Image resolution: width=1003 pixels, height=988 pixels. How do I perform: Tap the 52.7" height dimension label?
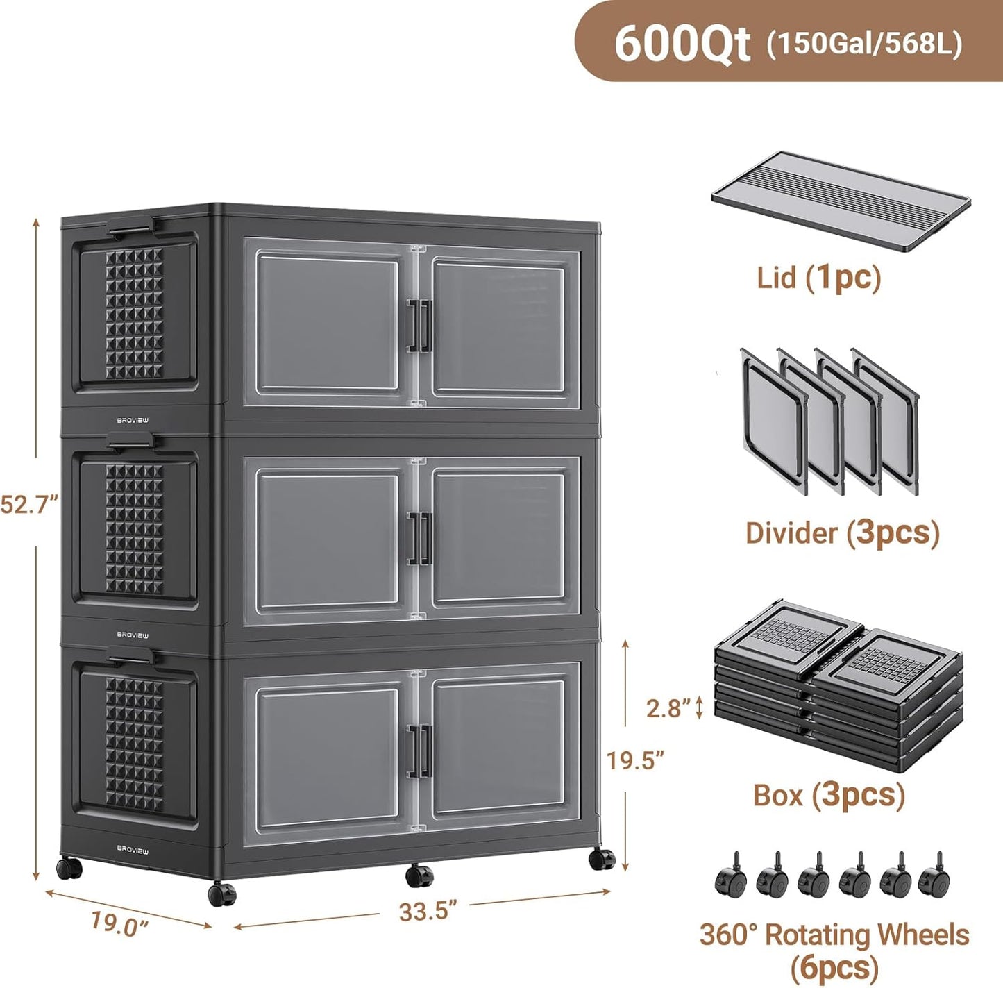(28, 504)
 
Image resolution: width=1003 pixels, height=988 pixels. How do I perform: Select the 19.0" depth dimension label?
(120, 923)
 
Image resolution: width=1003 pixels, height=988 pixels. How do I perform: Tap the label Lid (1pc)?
(818, 278)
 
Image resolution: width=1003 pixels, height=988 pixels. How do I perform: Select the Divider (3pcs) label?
(842, 533)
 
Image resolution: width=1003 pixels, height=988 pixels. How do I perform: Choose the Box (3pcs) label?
(829, 794)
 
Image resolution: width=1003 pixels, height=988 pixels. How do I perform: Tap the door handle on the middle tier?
(419, 537)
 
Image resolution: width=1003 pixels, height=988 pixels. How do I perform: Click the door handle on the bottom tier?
(419, 748)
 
